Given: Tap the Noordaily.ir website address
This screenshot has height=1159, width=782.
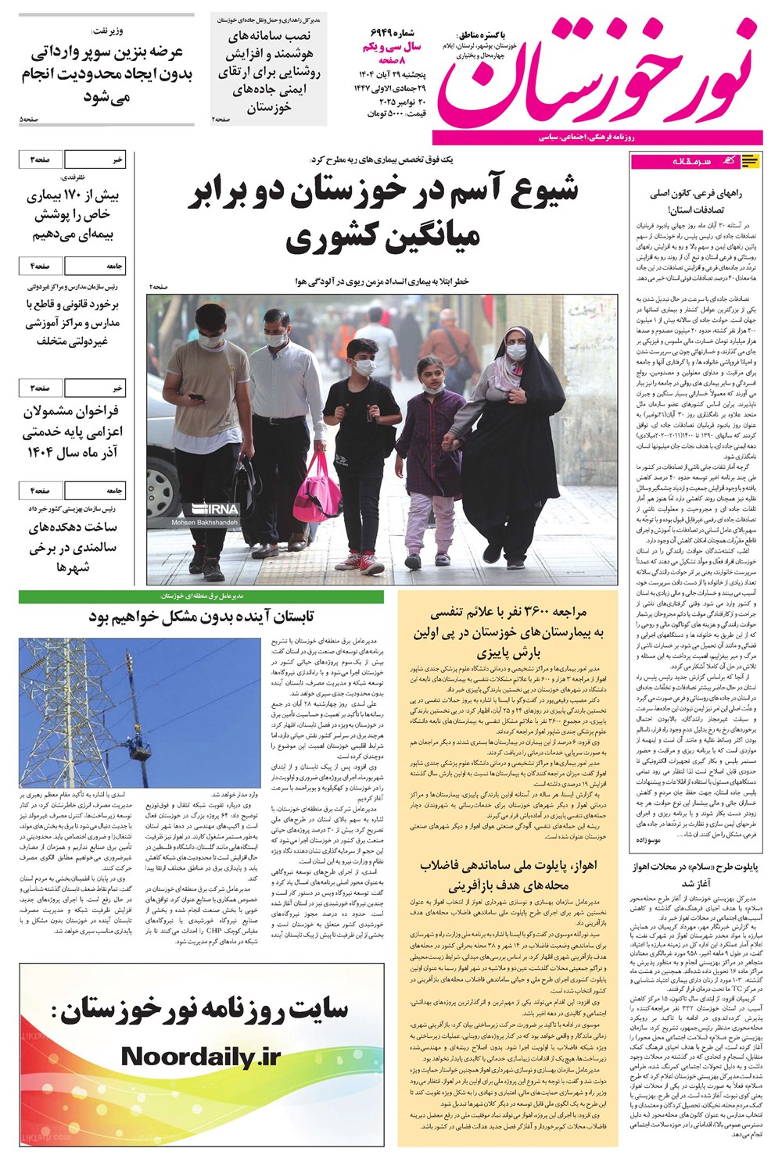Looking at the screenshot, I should pos(201,1057).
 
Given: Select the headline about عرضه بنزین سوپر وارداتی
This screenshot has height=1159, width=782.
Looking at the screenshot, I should pos(106,74).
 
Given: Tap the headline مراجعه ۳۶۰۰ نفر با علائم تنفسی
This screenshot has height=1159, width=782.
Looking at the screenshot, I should pos(508,631).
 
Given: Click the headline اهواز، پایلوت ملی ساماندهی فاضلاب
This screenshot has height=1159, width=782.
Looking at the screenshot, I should pos(508,875).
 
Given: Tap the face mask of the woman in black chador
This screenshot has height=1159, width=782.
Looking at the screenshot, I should pos(515,352).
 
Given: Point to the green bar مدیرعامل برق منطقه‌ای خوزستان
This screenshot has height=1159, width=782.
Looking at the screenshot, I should pos(201,596).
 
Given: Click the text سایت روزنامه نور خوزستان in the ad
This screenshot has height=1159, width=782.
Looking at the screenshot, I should pos(201,1010).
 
